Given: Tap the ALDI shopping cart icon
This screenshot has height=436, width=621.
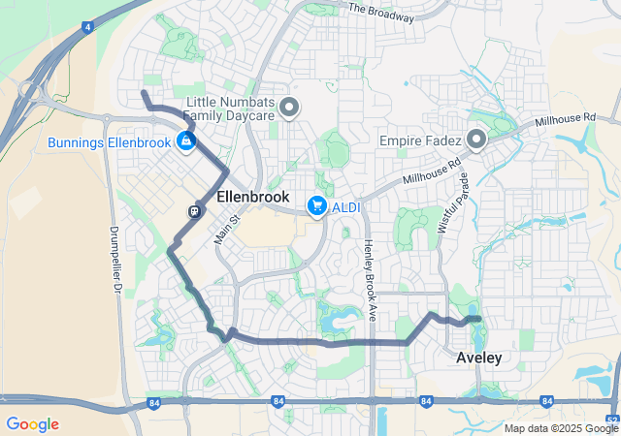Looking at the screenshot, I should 316,205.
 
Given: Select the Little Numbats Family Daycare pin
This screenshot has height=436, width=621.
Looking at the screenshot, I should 289,107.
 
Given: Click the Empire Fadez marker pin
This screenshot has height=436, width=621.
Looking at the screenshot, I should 476,140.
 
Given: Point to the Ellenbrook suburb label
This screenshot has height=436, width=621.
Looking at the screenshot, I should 253,197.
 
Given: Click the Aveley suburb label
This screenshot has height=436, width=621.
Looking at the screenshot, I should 479,358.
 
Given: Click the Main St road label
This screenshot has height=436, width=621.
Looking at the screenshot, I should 226,227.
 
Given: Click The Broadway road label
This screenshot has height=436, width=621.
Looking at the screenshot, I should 380,12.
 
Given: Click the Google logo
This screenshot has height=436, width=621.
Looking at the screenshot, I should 32,424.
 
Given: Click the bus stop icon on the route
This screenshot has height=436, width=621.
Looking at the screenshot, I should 195,210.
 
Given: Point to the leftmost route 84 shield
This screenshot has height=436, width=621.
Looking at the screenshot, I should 154,402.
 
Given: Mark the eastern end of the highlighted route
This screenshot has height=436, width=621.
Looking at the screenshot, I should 478,319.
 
